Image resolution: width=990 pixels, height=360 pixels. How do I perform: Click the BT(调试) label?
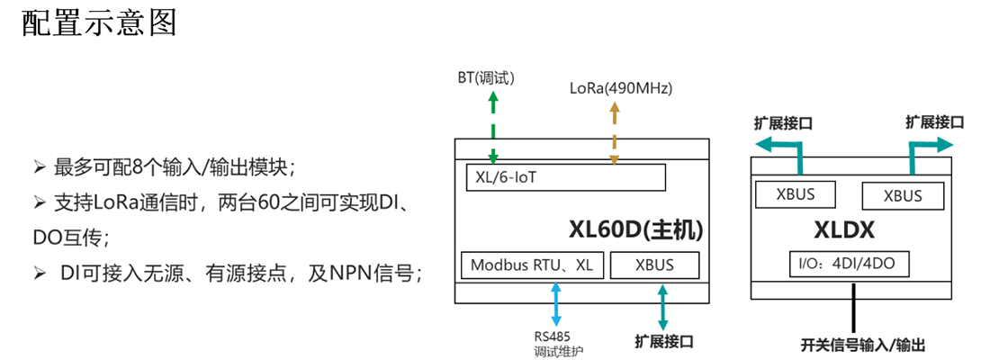tap(487, 77)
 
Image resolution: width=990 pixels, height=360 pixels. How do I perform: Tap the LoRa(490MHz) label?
tap(621, 88)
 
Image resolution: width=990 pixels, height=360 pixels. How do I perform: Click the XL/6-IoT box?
tap(565, 178)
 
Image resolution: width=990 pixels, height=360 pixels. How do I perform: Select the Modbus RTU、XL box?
tap(532, 265)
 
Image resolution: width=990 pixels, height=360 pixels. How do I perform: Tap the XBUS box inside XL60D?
tap(654, 265)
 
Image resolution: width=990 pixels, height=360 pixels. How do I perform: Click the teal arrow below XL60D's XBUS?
tap(664, 307)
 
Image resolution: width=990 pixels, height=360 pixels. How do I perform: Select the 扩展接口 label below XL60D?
tap(664, 342)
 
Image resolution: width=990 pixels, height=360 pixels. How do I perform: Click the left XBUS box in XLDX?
tap(795, 193)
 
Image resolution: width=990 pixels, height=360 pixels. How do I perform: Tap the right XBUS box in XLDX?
tap(903, 195)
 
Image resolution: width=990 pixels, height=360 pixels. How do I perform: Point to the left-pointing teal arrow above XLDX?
tap(777, 148)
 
